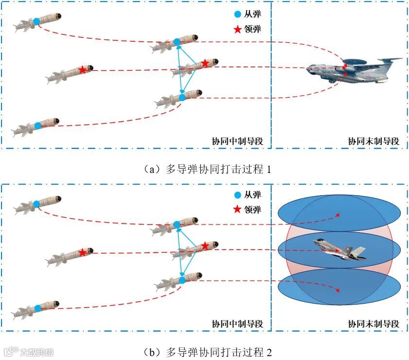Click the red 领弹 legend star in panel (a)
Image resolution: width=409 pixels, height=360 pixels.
(x=237, y=29)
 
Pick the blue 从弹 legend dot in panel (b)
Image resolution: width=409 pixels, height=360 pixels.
(x=237, y=195)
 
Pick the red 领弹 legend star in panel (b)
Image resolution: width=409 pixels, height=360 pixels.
(x=237, y=210)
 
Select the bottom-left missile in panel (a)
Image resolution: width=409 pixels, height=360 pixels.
(x=36, y=126)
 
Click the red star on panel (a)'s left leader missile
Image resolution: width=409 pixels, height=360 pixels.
(x=83, y=70)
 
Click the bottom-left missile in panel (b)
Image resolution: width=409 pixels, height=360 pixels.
(x=36, y=308)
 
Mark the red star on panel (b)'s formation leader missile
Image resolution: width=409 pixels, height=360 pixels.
(x=205, y=246)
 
